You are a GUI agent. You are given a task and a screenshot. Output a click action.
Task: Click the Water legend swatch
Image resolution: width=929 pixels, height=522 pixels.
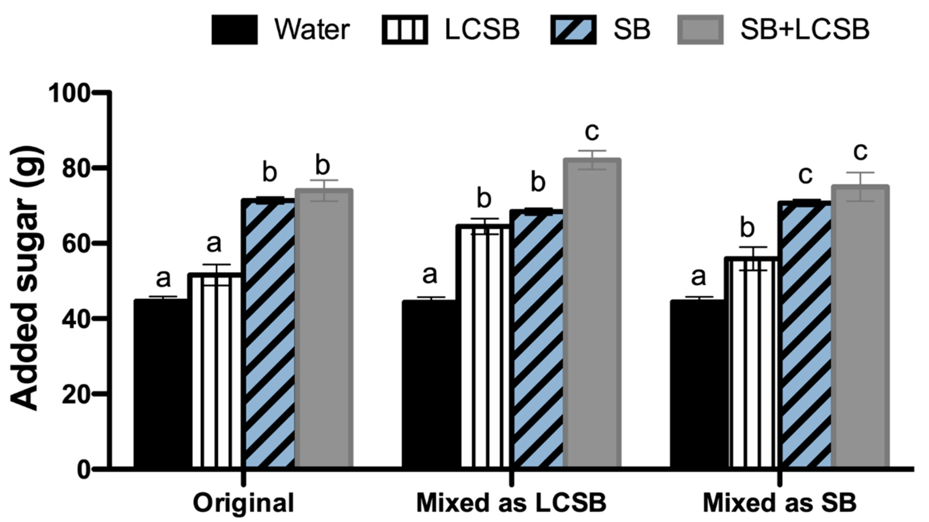[x=234, y=30]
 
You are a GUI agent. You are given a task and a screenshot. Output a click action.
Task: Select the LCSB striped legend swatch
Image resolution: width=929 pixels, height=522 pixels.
[x=405, y=30]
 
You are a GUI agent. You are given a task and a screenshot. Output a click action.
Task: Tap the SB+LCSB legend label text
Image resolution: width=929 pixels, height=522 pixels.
[x=805, y=30]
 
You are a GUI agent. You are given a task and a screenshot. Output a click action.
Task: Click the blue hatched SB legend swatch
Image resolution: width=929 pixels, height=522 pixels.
[x=573, y=30]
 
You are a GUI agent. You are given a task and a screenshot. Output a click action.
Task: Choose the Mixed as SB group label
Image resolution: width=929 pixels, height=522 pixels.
[x=779, y=503]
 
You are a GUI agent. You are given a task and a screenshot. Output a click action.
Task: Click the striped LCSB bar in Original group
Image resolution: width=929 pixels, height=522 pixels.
[x=216, y=371]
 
